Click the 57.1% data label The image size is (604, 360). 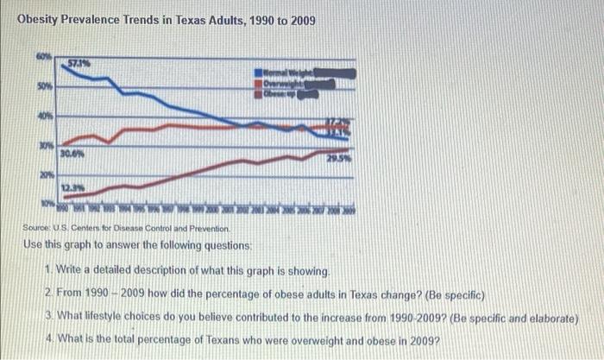tap(81, 61)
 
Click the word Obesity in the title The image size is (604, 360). tap(41, 19)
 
